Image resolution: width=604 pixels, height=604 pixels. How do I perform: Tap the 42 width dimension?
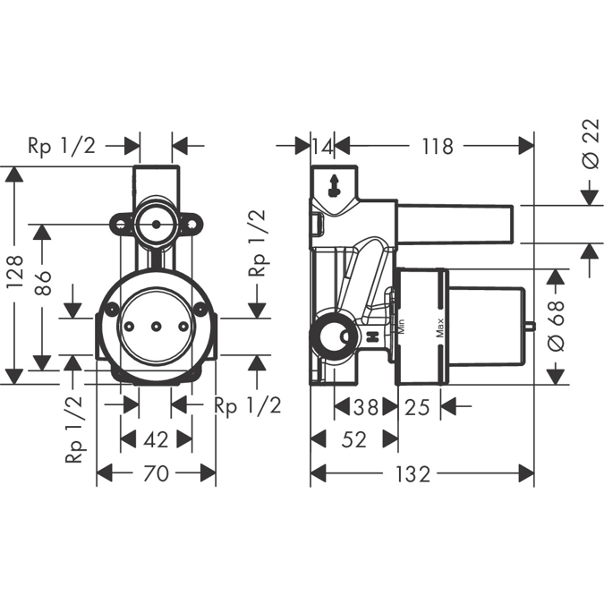coord(157,439)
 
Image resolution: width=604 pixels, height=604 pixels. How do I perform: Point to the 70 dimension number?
coord(157,474)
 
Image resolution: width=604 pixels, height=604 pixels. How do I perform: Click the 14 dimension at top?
coord(322,146)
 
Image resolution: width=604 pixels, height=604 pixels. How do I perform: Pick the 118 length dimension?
coord(437,146)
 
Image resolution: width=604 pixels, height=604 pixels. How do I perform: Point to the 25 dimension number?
coord(416,407)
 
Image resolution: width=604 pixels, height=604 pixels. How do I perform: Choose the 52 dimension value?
coord(354,439)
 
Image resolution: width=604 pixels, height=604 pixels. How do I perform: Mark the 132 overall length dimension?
coord(415,474)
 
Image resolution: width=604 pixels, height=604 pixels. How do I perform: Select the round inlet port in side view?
coord(329,339)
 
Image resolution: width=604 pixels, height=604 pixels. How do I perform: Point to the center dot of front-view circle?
coord(156,328)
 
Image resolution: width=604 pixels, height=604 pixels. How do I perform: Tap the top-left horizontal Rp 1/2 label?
coord(62,146)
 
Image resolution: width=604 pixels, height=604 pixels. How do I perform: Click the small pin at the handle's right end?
coord(531,328)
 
